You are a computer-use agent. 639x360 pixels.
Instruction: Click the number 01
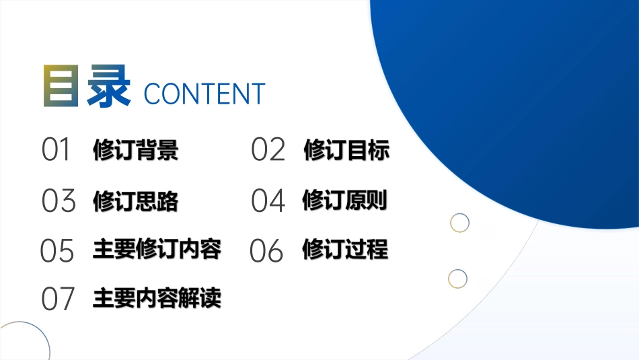[x=57, y=150]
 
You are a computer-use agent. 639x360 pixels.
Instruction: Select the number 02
[x=268, y=150]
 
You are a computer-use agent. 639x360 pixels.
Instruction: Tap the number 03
[x=58, y=201]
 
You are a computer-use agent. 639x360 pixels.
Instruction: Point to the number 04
[x=268, y=201]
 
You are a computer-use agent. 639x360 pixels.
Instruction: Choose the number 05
[x=57, y=250]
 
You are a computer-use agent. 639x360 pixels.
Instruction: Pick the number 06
[x=267, y=250]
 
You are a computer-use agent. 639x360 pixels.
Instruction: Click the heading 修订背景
[x=136, y=150]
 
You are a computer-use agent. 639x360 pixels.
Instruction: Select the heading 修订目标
[x=346, y=150]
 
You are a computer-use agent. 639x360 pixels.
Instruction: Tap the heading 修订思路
[x=136, y=201]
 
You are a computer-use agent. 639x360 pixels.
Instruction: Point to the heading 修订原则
[x=345, y=200]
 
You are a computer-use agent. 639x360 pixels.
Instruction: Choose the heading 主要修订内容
[x=157, y=249]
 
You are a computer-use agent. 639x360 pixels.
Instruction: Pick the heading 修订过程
[x=345, y=249]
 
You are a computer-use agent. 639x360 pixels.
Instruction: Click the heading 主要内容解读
[x=157, y=298]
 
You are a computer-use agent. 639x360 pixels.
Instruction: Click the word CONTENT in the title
[x=204, y=94]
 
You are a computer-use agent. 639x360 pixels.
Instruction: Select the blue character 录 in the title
[x=108, y=85]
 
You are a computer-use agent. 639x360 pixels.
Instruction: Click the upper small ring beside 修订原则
[x=459, y=223]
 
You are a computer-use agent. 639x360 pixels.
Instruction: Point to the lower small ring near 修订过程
[x=457, y=278]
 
